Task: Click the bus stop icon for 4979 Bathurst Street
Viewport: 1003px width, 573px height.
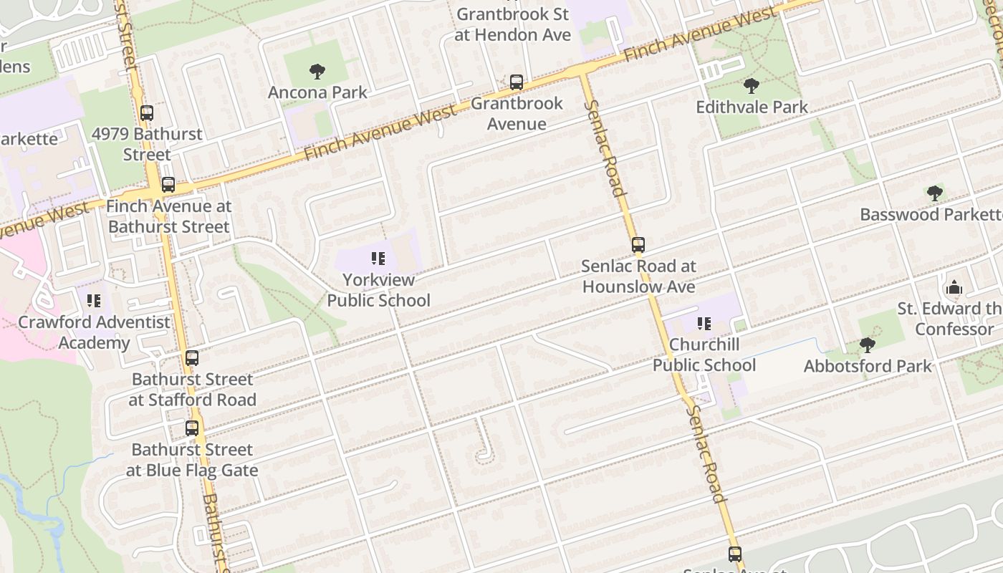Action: click(x=147, y=113)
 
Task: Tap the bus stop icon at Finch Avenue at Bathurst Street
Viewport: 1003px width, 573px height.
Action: click(x=168, y=185)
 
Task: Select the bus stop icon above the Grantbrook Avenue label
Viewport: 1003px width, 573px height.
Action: click(x=516, y=82)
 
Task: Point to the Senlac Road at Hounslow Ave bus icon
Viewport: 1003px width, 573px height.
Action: click(x=638, y=246)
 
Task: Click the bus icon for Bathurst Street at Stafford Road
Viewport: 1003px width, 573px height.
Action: click(x=192, y=358)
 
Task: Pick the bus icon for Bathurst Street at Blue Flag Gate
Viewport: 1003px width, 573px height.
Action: click(x=192, y=428)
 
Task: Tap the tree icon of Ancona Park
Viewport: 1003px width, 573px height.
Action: click(x=317, y=72)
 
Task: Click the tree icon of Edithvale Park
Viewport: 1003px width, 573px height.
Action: click(x=751, y=87)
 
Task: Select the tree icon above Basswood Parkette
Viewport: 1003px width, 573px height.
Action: click(x=934, y=193)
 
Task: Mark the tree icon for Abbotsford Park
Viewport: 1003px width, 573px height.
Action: click(x=867, y=345)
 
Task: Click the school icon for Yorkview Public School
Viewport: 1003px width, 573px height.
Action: click(x=378, y=259)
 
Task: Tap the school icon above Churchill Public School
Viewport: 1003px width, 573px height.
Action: click(x=704, y=324)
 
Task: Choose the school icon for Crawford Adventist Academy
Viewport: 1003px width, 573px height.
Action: click(x=94, y=301)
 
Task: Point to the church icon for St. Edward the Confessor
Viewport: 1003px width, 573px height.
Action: click(x=954, y=288)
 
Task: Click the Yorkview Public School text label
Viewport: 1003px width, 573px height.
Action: click(x=378, y=290)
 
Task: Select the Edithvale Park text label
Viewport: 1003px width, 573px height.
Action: click(x=752, y=107)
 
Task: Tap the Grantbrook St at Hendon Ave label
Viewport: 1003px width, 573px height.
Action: click(x=512, y=24)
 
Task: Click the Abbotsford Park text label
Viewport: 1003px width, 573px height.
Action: click(x=867, y=366)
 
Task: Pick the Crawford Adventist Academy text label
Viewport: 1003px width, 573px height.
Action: click(x=94, y=332)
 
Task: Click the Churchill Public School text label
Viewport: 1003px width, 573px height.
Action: click(x=704, y=355)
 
